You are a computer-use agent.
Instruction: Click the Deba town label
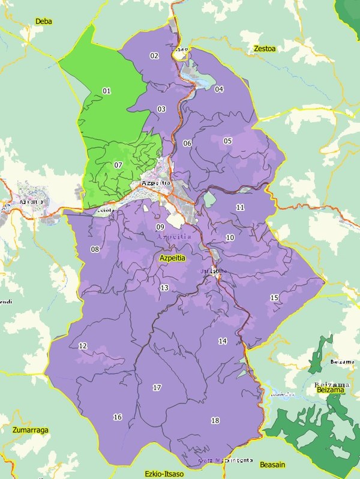click(44, 22)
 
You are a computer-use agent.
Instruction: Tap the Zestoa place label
click(264, 49)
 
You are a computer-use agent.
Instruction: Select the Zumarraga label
click(29, 430)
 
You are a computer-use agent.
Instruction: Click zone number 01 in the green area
click(107, 91)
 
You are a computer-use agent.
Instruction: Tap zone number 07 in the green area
click(118, 165)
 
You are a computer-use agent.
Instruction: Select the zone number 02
click(154, 56)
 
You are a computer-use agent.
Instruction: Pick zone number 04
click(219, 89)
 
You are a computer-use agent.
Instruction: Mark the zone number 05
click(227, 141)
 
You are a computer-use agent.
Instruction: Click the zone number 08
click(94, 249)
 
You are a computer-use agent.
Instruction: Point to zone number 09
click(160, 227)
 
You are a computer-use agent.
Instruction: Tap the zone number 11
click(240, 207)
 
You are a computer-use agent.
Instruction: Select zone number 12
click(83, 346)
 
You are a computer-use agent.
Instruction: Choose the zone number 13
click(164, 288)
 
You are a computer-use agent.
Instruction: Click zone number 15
click(274, 298)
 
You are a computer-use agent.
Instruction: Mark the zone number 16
click(118, 417)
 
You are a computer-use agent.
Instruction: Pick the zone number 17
click(157, 388)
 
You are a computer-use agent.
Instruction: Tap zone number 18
click(215, 420)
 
